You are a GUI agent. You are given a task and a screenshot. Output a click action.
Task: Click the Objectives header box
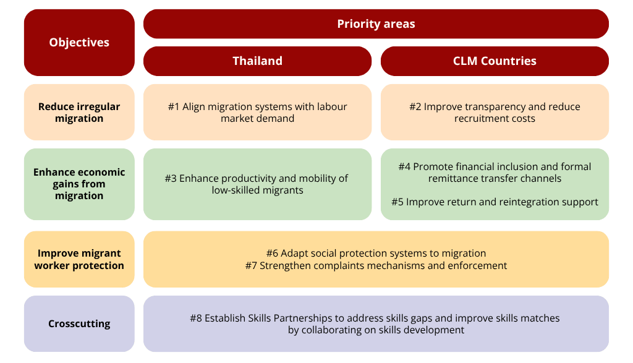tap(79, 43)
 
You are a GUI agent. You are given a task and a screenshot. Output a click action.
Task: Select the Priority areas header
tap(376, 24)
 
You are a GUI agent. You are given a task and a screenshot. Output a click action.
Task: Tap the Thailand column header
tap(257, 61)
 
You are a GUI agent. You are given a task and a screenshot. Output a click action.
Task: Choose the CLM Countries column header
tap(495, 61)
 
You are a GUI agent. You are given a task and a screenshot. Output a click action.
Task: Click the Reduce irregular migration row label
tap(79, 113)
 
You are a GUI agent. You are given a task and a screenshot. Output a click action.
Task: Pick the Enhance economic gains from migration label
tap(79, 184)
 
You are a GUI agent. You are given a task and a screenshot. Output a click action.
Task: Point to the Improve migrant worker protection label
tap(79, 259)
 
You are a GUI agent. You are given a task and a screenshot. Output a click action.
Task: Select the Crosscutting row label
tap(79, 323)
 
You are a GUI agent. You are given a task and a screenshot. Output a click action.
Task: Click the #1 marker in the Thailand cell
tap(174, 107)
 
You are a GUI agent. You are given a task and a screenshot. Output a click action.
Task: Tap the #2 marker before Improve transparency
tap(415, 107)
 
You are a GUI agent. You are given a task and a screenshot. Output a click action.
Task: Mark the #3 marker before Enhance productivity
tap(171, 179)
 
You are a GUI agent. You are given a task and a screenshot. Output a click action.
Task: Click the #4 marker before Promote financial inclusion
tap(404, 167)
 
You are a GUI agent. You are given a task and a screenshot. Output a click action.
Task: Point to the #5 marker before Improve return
tap(397, 202)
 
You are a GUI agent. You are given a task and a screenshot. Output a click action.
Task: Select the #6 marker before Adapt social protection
tap(272, 254)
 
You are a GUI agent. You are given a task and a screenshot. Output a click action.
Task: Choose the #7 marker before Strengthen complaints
tap(251, 266)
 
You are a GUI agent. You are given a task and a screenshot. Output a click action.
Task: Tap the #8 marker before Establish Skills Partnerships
tap(196, 318)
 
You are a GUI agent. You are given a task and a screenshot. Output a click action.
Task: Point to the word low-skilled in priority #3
tap(235, 190)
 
